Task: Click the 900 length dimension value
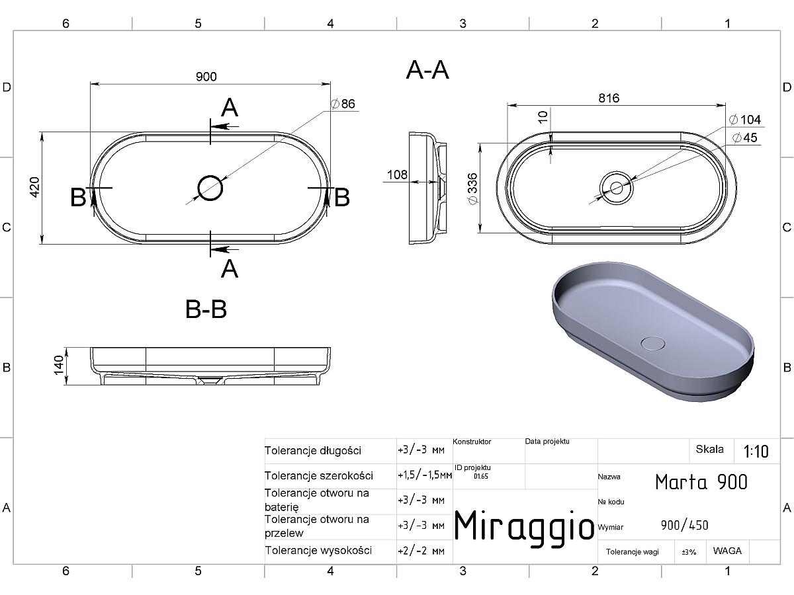[206, 77]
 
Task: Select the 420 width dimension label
[34, 187]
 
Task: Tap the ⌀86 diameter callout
[343, 104]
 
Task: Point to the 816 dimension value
[609, 98]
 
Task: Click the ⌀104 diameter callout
[745, 120]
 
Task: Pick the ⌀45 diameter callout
[744, 138]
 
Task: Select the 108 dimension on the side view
[397, 175]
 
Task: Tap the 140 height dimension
[59, 365]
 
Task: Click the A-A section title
[427, 70]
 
